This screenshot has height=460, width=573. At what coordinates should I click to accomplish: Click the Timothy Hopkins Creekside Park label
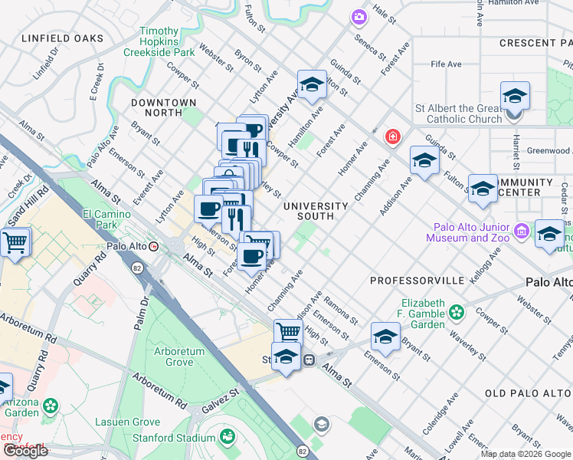click(159, 42)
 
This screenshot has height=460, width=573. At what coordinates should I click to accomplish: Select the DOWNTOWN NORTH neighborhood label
click(163, 107)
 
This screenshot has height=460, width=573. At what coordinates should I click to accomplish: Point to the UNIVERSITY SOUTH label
click(316, 211)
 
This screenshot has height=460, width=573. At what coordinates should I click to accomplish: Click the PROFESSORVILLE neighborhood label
click(417, 281)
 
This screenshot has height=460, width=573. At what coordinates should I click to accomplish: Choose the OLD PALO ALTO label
click(528, 393)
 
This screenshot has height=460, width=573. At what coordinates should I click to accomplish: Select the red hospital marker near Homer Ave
click(393, 136)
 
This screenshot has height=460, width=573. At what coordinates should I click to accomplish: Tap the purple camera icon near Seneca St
click(359, 16)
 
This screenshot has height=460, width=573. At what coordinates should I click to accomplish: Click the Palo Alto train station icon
click(155, 247)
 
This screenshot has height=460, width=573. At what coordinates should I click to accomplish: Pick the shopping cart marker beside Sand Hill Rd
click(15, 243)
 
